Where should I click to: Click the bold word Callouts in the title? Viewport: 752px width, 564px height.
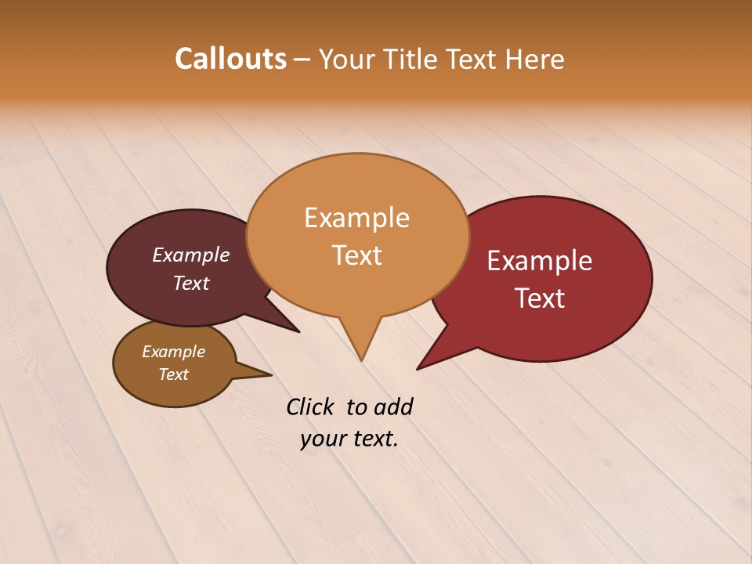pos(230,59)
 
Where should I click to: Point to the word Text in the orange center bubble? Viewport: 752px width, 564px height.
pos(357,255)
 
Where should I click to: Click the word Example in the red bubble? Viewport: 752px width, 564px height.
pos(540,261)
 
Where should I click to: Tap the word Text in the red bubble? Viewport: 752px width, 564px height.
pos(540,298)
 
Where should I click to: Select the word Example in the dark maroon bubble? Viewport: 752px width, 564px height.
pos(191,255)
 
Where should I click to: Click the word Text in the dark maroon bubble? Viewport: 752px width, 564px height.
pos(191,283)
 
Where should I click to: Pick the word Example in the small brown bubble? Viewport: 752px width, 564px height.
pos(173,352)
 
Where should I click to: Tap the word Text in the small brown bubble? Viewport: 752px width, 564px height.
pos(173,374)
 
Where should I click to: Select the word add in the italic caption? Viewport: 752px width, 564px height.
pos(392,407)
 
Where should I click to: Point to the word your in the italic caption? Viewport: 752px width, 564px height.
pos(323,439)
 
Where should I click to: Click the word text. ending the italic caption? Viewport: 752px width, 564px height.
pos(374,439)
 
